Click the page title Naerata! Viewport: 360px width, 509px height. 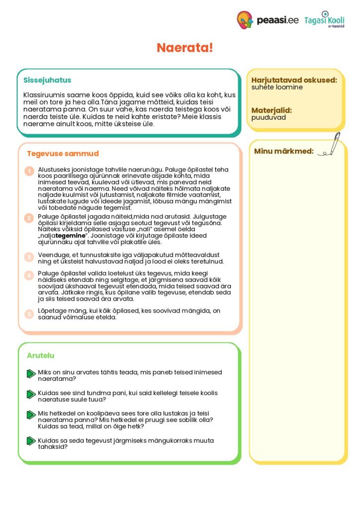point(184,48)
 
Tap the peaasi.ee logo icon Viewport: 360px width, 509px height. point(245,20)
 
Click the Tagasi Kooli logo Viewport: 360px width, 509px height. point(324,20)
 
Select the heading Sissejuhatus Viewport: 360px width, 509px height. point(47,80)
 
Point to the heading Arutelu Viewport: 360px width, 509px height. point(40,355)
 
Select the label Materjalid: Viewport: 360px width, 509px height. point(271,110)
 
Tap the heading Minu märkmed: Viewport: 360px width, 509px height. point(283,151)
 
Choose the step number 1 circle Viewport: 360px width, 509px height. point(29,171)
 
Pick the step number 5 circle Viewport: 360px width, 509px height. point(29,314)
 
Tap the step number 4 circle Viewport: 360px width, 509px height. point(29,275)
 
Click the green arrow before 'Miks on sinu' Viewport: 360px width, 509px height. point(31,374)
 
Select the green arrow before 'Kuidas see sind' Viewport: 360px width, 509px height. point(31,395)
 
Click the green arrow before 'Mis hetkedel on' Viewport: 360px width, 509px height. point(31,415)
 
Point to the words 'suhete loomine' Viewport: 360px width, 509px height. point(277,87)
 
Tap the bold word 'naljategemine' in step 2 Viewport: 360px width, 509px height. point(65,236)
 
